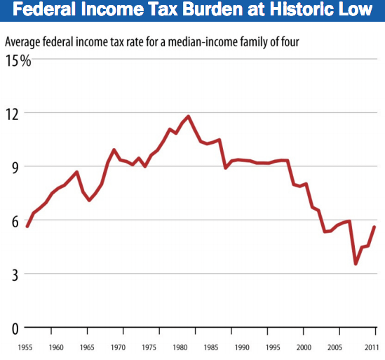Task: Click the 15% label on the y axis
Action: pos(18,61)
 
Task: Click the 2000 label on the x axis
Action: pos(302,347)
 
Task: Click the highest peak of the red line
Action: pos(188,116)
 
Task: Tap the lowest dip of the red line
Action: pos(356,264)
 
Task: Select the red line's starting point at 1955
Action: pos(27,226)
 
